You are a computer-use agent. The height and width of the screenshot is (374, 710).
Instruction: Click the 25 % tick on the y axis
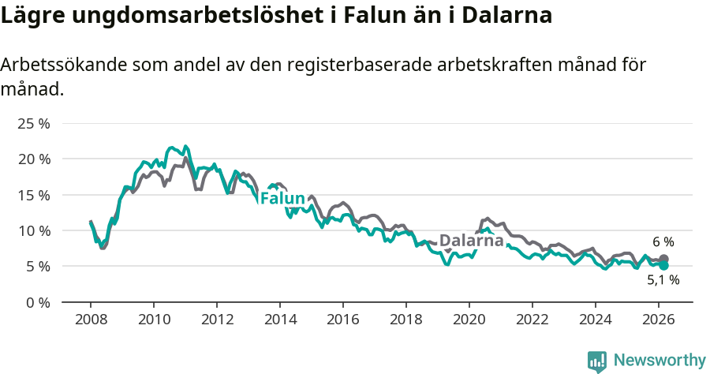click(x=33, y=124)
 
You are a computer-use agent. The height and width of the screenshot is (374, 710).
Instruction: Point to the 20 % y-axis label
click(x=33, y=159)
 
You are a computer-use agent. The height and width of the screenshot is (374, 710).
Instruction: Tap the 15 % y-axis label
click(x=33, y=195)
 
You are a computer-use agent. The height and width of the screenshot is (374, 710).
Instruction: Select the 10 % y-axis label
click(x=33, y=230)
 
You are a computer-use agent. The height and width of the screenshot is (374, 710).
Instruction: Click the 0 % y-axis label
click(x=37, y=302)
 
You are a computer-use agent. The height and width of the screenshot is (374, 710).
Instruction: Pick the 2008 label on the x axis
click(x=91, y=320)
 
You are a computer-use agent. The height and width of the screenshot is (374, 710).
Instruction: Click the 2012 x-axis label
click(x=217, y=320)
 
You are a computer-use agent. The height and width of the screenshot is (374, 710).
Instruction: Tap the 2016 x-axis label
click(x=343, y=320)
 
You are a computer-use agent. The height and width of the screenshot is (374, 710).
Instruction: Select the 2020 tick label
click(x=469, y=320)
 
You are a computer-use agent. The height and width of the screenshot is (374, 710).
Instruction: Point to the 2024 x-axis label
click(x=596, y=320)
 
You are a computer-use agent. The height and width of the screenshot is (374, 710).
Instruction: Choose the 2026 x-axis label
click(x=659, y=320)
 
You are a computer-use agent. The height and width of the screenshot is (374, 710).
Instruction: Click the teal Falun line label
click(x=282, y=198)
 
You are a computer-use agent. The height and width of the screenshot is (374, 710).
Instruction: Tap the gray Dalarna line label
click(x=471, y=241)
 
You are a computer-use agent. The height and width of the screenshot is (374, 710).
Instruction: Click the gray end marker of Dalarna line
click(x=664, y=259)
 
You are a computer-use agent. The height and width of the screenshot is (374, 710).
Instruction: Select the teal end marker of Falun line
click(x=664, y=266)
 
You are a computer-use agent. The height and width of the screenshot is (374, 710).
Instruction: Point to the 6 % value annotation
click(x=663, y=242)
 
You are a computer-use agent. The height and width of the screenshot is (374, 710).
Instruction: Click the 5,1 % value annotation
click(x=663, y=280)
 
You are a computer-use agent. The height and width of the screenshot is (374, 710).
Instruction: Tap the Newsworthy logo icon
click(x=597, y=361)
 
